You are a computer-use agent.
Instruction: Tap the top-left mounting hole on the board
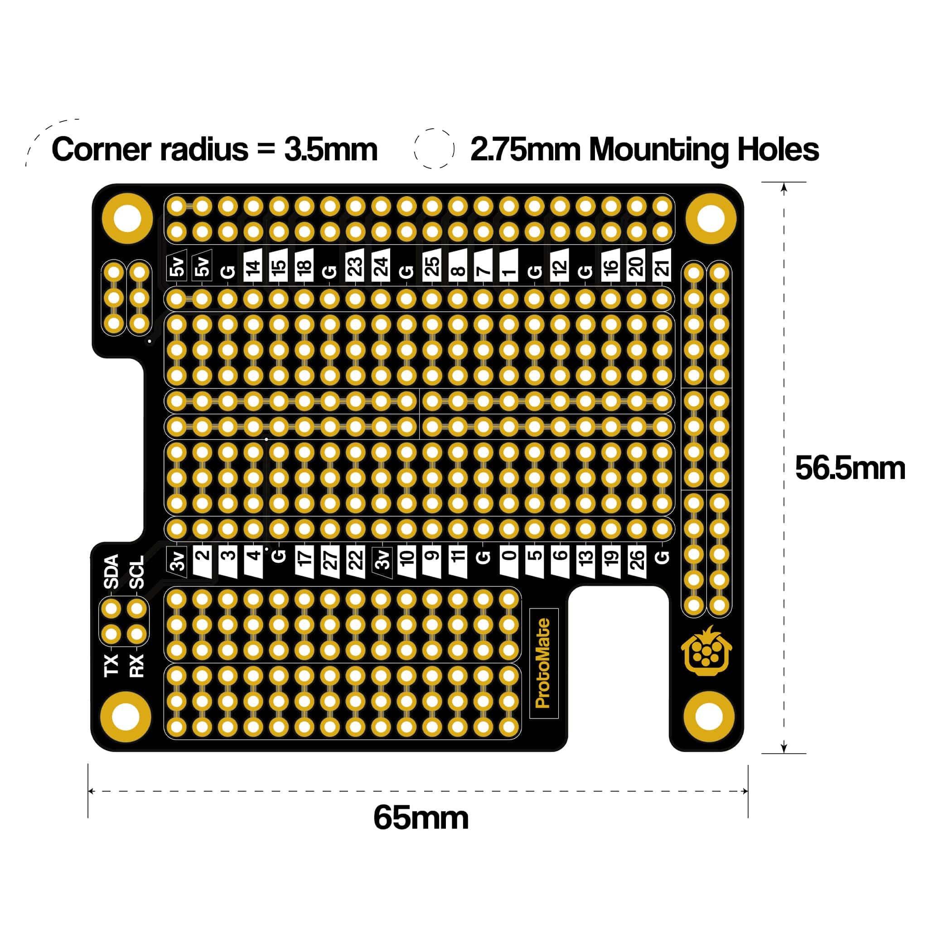[x=127, y=218]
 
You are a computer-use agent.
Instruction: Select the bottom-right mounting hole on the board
[x=709, y=716]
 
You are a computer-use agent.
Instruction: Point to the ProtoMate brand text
[x=543, y=663]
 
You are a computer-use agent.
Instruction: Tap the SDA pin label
[x=111, y=571]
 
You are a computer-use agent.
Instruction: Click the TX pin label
[x=111, y=665]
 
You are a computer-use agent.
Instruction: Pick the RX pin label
[x=137, y=665]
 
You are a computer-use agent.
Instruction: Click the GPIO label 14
[x=253, y=266]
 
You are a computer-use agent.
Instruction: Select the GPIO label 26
[x=637, y=560]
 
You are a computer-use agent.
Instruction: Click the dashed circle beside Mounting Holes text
[x=434, y=149]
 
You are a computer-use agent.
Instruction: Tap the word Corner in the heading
[x=102, y=150]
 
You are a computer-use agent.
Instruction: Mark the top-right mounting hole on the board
[x=710, y=218]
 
